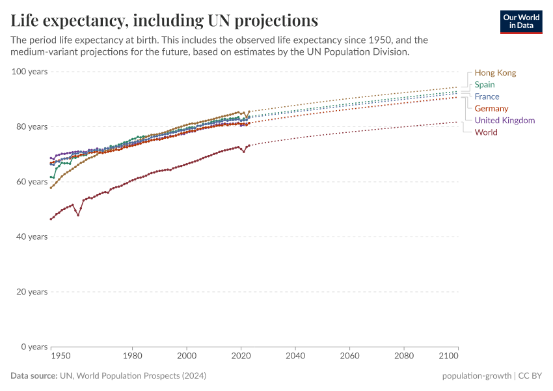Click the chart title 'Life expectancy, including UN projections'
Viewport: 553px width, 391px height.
164,20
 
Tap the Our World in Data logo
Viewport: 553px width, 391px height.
521,22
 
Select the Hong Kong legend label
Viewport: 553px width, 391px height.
495,73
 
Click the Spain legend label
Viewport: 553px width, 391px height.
485,85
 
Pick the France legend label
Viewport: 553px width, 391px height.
487,96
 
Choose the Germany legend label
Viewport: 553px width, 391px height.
491,108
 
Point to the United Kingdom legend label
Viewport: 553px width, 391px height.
504,121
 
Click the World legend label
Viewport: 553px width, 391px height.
486,132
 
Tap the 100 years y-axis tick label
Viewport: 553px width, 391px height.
29,71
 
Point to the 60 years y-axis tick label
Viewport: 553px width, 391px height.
31,181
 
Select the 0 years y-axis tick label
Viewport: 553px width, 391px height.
33,347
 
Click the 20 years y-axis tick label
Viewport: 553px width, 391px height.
31,291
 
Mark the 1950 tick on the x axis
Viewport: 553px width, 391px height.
61,356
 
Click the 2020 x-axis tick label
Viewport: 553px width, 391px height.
241,356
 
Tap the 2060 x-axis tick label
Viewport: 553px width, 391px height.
349,356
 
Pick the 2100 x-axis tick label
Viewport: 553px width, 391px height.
448,356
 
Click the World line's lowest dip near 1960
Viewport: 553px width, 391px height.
78,214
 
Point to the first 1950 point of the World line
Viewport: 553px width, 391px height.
51,219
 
